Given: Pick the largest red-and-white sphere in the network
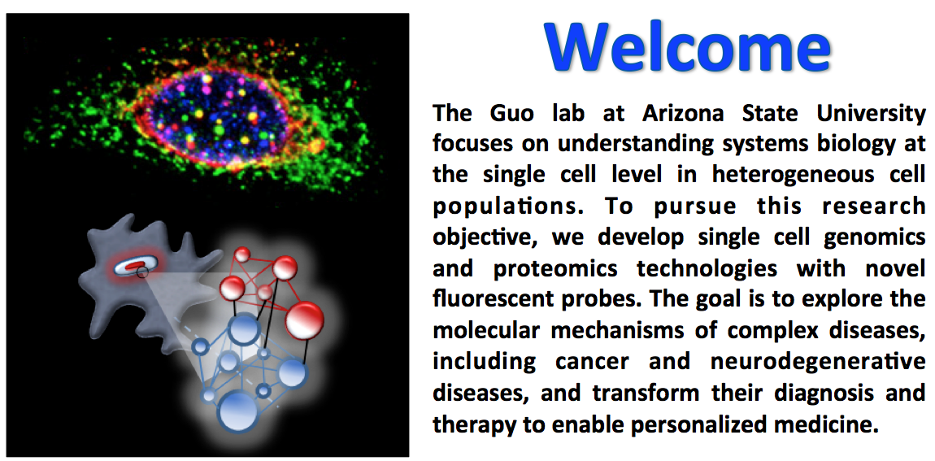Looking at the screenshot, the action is [x=305, y=320].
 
